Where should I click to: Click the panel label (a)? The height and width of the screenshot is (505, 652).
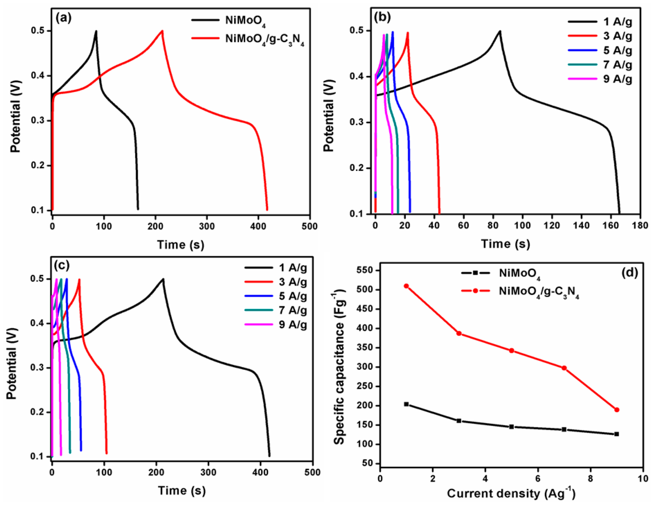(64, 19)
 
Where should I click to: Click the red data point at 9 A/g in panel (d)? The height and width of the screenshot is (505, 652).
(617, 410)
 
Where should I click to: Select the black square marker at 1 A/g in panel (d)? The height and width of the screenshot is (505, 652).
(406, 404)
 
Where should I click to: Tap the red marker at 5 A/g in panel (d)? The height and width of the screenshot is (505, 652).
(511, 351)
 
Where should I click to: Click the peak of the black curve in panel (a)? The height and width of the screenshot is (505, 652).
(96, 31)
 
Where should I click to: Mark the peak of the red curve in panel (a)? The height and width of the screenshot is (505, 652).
(162, 31)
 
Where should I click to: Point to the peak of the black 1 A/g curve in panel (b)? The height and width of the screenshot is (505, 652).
(500, 31)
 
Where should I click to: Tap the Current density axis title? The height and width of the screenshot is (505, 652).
(511, 493)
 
